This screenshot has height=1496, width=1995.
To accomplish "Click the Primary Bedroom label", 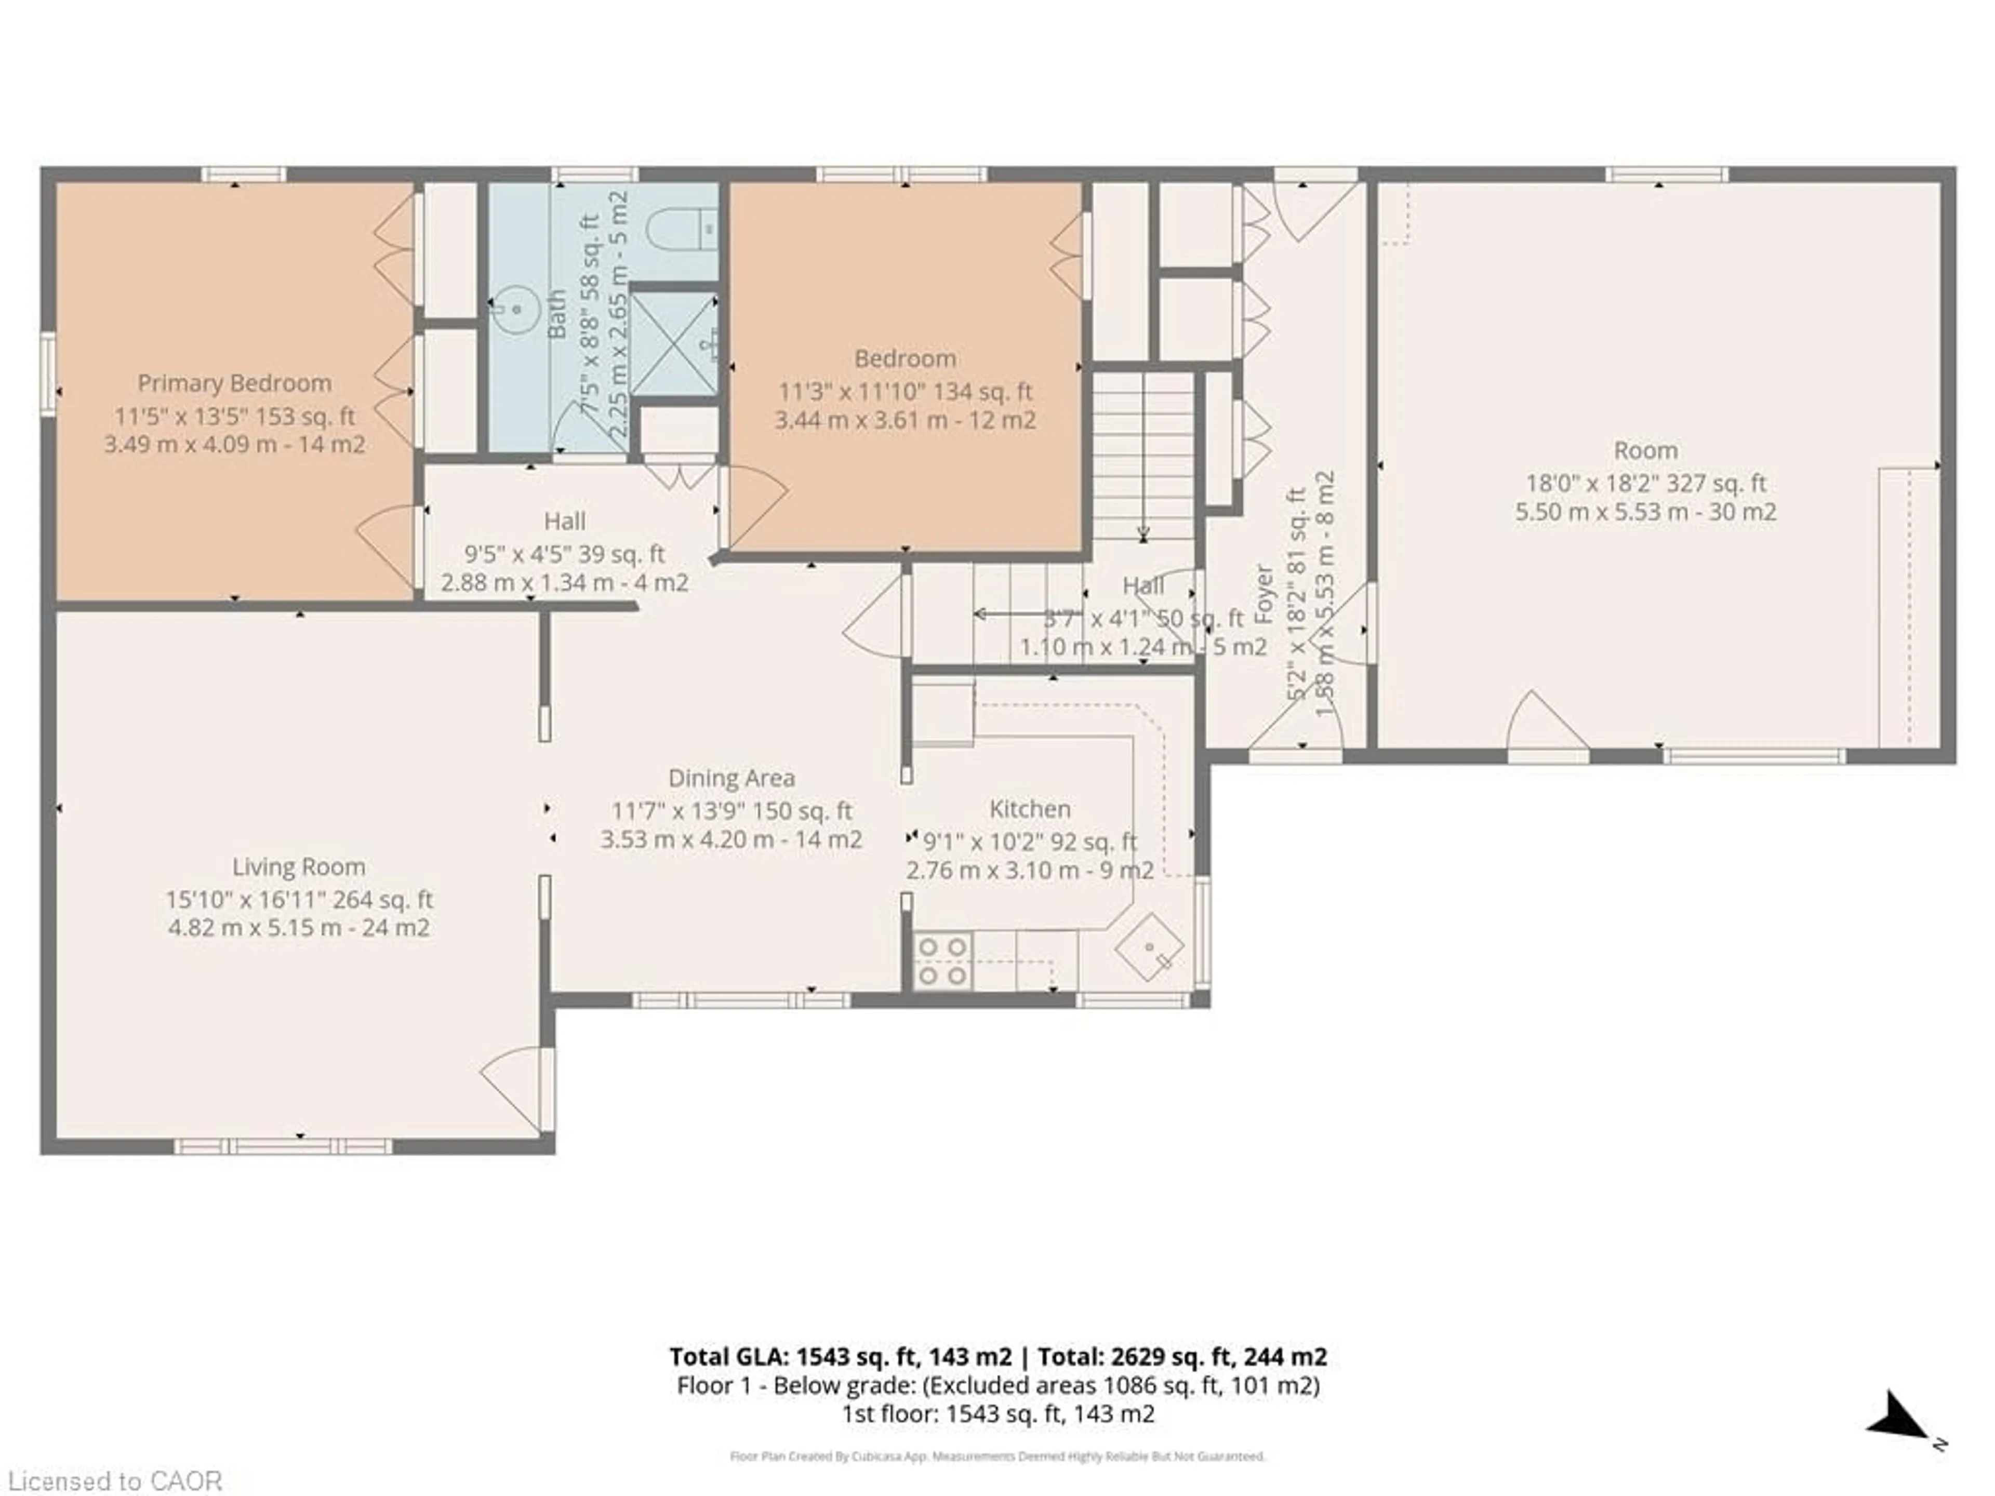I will click(234, 383).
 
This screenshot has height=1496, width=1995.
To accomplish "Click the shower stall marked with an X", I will click(673, 343).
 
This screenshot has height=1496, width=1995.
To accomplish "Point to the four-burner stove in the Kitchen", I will click(942, 961).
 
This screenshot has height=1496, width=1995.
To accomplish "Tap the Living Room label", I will click(299, 866).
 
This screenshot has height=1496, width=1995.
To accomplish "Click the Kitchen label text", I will click(1029, 809).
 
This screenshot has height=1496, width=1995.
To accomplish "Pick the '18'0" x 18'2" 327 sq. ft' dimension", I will click(1645, 483).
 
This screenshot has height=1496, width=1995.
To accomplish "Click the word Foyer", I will click(1265, 595).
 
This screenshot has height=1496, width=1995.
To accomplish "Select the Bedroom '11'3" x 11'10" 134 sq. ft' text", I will click(905, 391).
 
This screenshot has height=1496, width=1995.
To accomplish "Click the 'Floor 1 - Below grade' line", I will click(997, 1385).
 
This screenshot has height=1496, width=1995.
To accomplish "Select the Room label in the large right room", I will click(1645, 450).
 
